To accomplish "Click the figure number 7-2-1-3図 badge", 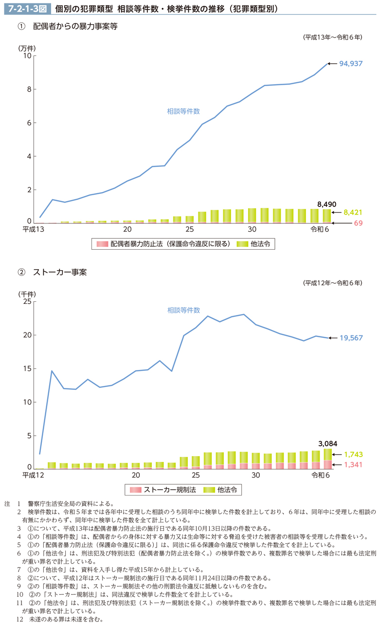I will click(25, 9).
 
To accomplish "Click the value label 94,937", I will click(351, 64).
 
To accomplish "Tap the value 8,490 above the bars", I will click(326, 204).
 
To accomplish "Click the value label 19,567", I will click(351, 338).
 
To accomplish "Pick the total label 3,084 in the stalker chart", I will click(327, 443).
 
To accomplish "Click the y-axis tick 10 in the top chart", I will click(27, 56).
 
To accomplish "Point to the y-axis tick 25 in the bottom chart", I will click(27, 302).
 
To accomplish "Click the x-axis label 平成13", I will click(33, 230).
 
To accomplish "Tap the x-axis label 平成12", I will click(33, 475).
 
